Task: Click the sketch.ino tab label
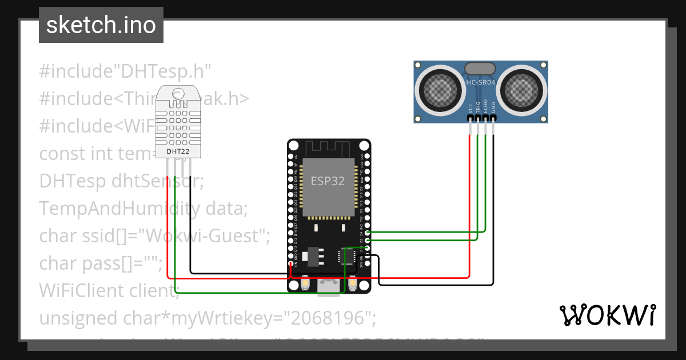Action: (101, 25)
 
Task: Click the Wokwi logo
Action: (607, 315)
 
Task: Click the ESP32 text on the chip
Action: (328, 181)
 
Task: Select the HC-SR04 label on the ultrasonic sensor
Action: (481, 82)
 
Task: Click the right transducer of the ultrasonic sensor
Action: (522, 88)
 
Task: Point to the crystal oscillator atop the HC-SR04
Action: (480, 69)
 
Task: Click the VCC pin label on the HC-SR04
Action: (470, 107)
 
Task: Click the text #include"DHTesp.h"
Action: (125, 71)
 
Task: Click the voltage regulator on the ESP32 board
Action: (310, 257)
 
